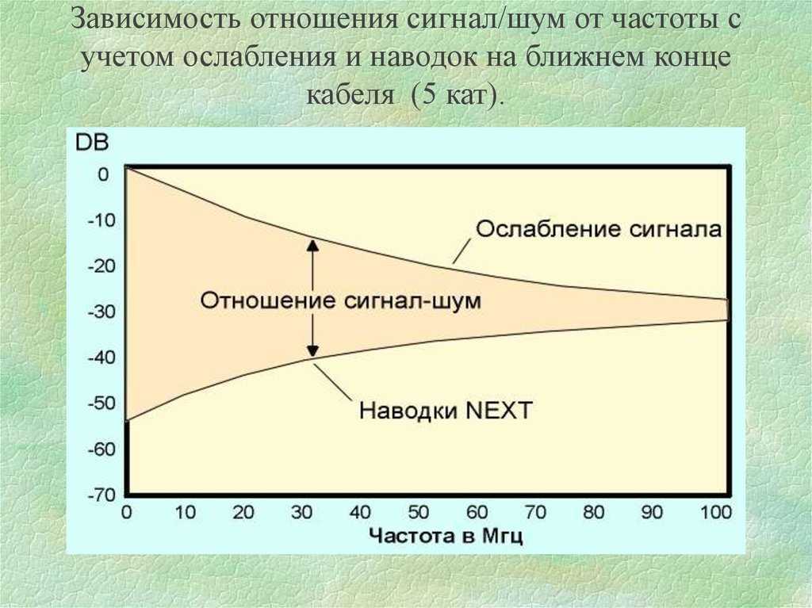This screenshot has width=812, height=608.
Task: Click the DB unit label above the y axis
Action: pyautogui.click(x=92, y=143)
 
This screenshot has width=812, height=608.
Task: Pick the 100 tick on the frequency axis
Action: pyautogui.click(x=716, y=513)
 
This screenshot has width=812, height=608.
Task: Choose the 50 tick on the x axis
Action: pyautogui.click(x=419, y=513)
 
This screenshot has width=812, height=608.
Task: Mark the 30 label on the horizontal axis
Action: pyautogui.click(x=301, y=513)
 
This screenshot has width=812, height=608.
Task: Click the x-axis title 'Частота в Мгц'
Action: pyautogui.click(x=446, y=536)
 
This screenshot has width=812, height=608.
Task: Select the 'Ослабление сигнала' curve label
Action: pyautogui.click(x=599, y=229)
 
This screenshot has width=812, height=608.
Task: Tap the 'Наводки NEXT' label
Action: pyautogui.click(x=446, y=411)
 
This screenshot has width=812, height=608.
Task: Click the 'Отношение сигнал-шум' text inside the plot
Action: pyautogui.click(x=341, y=300)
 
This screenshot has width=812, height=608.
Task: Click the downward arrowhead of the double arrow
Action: pyautogui.click(x=312, y=350)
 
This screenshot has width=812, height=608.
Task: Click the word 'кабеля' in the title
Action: pyautogui.click(x=350, y=95)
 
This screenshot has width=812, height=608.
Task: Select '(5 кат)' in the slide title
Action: pyautogui.click(x=456, y=95)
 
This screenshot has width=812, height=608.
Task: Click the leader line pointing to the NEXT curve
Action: pyautogui.click(x=332, y=381)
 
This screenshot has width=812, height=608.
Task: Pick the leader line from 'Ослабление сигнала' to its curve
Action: pyautogui.click(x=462, y=250)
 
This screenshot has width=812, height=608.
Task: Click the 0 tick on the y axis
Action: pyautogui.click(x=104, y=174)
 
